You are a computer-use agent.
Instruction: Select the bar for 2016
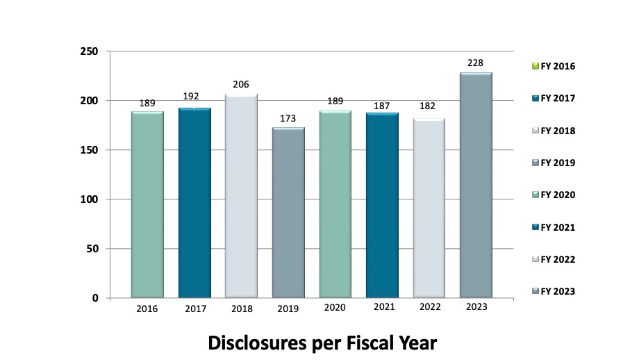147,204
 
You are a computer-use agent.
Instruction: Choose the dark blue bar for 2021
382,205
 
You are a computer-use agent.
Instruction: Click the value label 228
476,63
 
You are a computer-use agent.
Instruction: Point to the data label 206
241,85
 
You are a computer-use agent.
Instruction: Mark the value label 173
288,118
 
